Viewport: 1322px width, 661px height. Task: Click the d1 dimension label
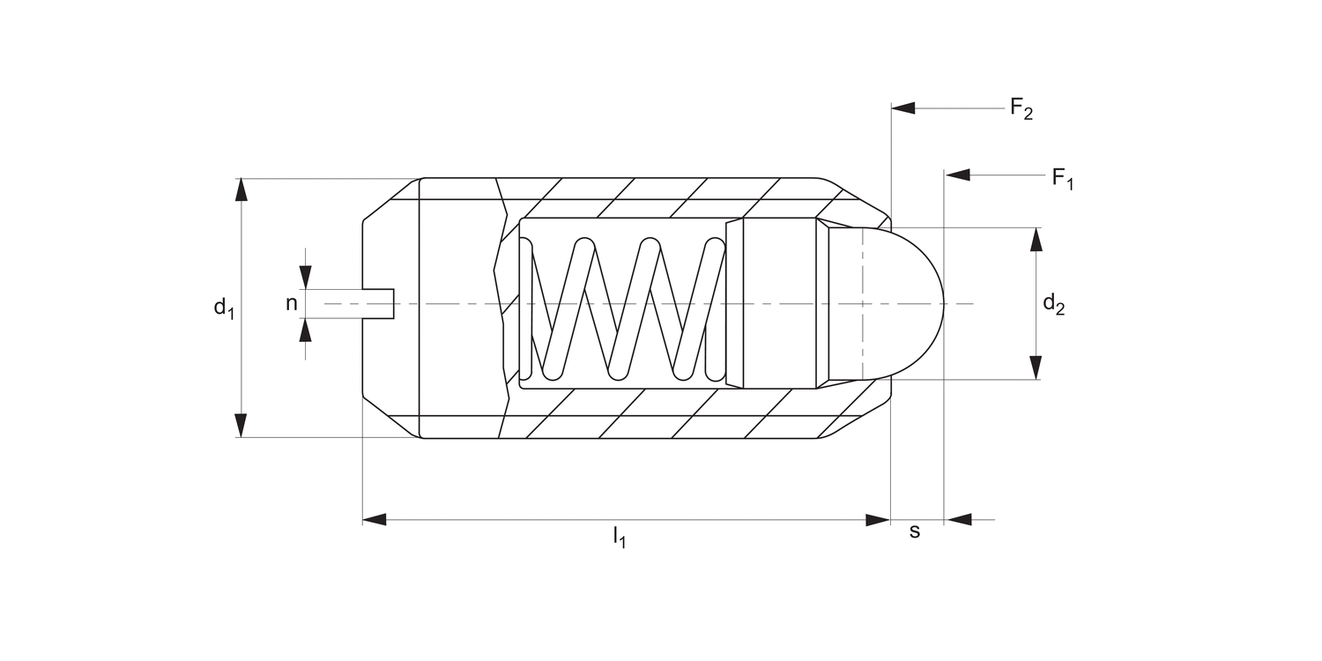click(x=224, y=308)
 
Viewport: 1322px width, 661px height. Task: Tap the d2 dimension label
click(x=1053, y=304)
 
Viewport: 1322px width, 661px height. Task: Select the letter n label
click(x=292, y=304)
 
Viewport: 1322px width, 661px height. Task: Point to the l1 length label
click(x=620, y=537)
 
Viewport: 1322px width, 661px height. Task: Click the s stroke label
click(x=915, y=531)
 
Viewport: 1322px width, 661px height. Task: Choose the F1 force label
click(x=1063, y=178)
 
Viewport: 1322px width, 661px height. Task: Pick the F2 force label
click(x=1021, y=111)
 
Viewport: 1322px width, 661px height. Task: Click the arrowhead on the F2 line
click(x=903, y=108)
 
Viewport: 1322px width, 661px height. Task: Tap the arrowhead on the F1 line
click(x=957, y=175)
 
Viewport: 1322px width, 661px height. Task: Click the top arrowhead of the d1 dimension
click(x=241, y=189)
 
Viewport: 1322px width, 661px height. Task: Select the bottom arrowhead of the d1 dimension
click(x=241, y=426)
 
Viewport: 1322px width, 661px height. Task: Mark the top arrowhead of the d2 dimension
click(x=1036, y=239)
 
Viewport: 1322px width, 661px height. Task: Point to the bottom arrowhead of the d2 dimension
click(x=1036, y=368)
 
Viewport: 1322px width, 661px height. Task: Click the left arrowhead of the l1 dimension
click(x=375, y=520)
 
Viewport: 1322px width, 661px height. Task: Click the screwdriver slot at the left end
click(x=379, y=303)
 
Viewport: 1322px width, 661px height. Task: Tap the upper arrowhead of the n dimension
click(x=306, y=278)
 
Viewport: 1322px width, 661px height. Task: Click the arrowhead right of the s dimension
click(x=958, y=520)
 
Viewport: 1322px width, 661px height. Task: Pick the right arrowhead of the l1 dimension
click(x=878, y=520)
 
